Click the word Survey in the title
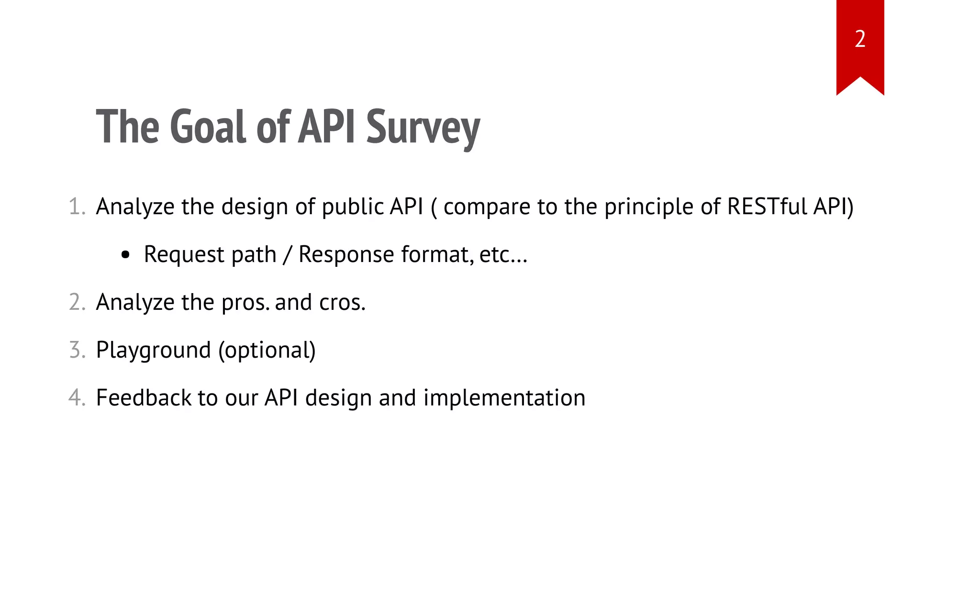coord(423,127)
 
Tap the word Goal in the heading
coord(208,127)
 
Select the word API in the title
coord(327,127)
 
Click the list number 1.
coord(77,207)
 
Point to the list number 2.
coord(77,303)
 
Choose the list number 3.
coord(77,350)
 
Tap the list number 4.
coord(77,398)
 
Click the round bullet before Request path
coord(125,255)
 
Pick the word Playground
coord(153,350)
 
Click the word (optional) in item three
coord(267,350)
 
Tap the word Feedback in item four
coord(144,398)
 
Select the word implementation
coord(504,398)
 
